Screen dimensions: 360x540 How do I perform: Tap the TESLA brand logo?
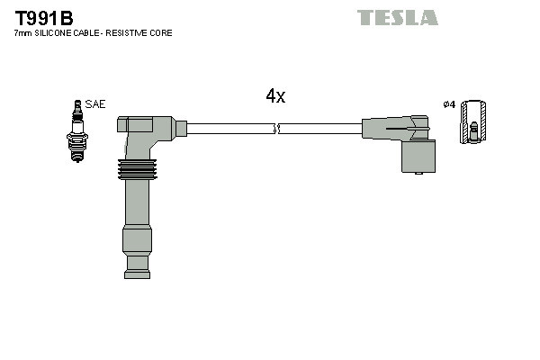pyautogui.click(x=397, y=17)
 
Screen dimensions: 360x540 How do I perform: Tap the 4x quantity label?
pyautogui.click(x=275, y=96)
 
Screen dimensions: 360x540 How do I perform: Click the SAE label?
pyautogui.click(x=94, y=104)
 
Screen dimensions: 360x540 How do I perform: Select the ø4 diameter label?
pyautogui.click(x=448, y=104)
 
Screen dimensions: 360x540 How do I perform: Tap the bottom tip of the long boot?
pyautogui.click(x=137, y=264)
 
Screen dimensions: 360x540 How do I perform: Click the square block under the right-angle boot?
pyautogui.click(x=418, y=157)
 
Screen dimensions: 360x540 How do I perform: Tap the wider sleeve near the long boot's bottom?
pyautogui.click(x=137, y=240)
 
